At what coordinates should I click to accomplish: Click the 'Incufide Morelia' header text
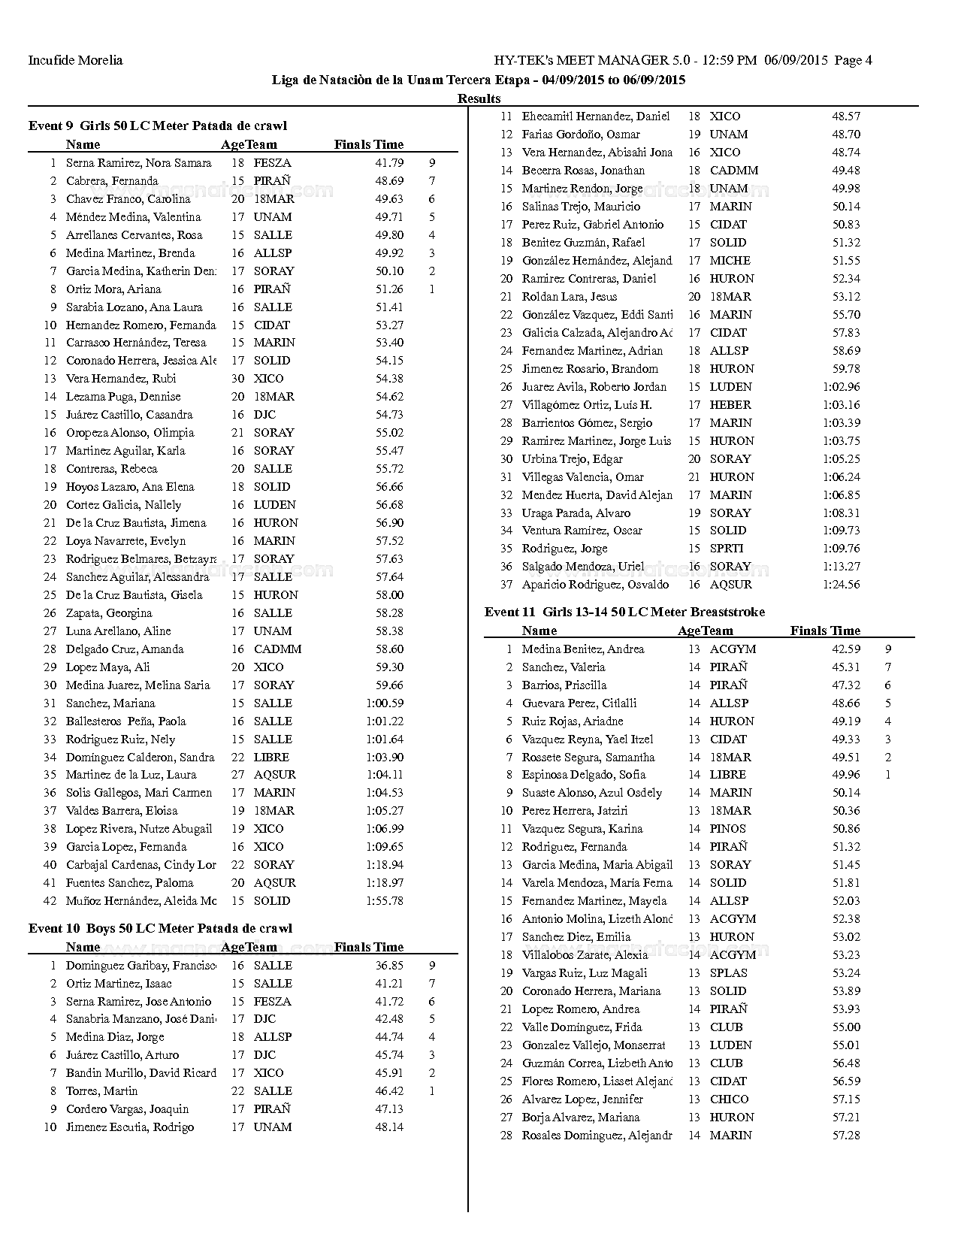point(75,60)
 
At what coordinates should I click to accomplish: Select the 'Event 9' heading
point(158,126)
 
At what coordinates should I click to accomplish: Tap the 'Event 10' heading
point(160,928)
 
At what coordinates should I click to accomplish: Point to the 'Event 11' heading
point(624,612)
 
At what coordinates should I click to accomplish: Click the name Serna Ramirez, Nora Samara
point(138,162)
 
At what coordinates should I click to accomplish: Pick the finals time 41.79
point(389,162)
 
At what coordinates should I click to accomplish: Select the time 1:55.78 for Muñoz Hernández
point(385,900)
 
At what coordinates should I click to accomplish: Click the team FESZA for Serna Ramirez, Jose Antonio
point(272,1001)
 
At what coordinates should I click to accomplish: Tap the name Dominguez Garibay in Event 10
point(141,965)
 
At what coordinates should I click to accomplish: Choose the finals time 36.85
point(389,965)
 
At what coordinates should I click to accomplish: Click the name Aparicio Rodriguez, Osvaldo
point(595,584)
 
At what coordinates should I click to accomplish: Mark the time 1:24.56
point(842,584)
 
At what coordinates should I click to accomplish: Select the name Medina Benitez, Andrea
point(583,649)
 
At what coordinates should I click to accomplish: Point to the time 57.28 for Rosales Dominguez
point(846,1135)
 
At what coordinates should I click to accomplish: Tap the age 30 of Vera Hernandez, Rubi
point(237,378)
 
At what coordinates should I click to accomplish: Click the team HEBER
point(730,404)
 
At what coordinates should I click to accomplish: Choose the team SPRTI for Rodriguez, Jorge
point(727,548)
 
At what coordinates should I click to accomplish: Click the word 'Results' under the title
point(479,98)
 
